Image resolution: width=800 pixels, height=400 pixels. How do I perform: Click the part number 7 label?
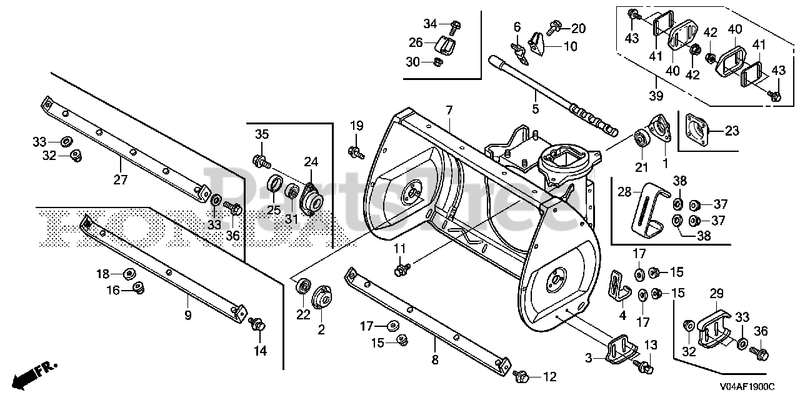449,111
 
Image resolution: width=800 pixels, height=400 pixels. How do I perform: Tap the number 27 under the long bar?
121,180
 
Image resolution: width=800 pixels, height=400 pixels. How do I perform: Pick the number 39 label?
656,96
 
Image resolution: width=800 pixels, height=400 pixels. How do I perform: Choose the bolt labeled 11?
401,269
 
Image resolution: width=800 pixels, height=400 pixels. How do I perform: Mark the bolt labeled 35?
262,162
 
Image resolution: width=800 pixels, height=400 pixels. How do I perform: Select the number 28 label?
624,192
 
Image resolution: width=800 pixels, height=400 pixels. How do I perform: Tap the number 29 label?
717,293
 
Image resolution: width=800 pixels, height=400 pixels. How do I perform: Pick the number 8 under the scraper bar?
434,360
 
